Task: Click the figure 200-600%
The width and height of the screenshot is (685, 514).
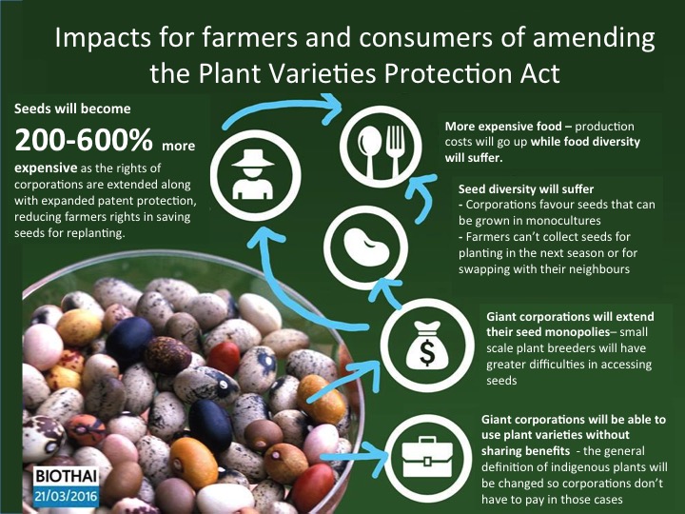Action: [84, 141]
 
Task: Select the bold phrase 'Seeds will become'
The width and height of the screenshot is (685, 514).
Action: [65, 109]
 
